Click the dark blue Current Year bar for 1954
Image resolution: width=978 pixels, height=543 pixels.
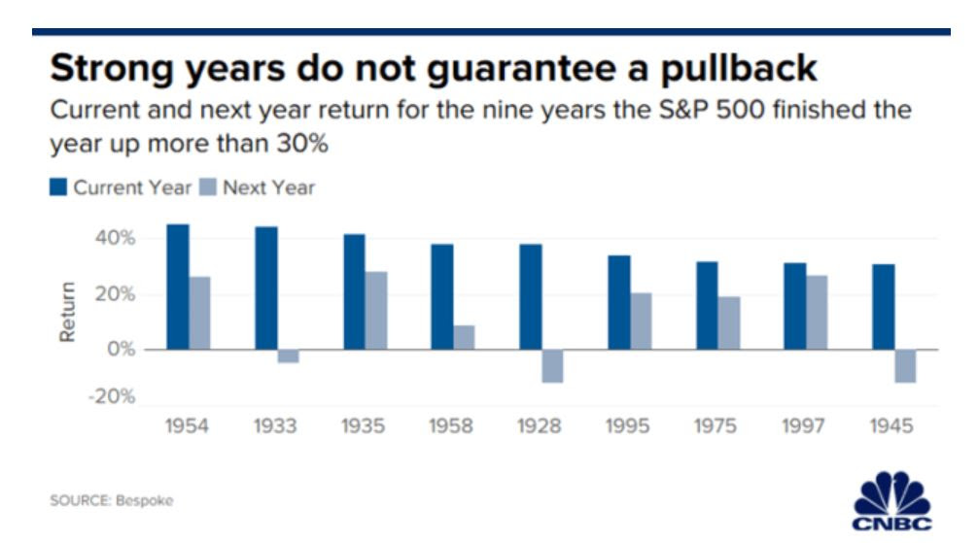(x=178, y=287)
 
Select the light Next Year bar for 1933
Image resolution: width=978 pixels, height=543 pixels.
(x=288, y=356)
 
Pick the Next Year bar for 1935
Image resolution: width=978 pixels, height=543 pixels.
(x=376, y=311)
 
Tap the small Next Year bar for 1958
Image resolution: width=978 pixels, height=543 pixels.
(x=464, y=337)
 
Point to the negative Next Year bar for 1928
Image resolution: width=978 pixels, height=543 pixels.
(x=552, y=366)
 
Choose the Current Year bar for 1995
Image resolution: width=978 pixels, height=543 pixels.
(x=619, y=302)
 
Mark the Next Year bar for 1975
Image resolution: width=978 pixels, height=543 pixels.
(x=729, y=322)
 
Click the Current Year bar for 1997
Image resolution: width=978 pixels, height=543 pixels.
(x=795, y=306)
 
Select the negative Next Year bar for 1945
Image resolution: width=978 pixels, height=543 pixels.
(x=906, y=366)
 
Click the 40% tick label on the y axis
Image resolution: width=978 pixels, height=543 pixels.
(x=115, y=238)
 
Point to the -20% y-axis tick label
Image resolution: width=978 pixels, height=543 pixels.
(x=112, y=396)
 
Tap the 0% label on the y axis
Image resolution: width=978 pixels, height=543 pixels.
(x=121, y=349)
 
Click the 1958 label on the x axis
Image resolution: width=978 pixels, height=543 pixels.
(x=451, y=426)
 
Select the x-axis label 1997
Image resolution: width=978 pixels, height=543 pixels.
(x=803, y=426)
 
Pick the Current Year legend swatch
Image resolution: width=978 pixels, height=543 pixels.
(x=58, y=187)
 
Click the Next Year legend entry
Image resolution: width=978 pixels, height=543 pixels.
(x=258, y=187)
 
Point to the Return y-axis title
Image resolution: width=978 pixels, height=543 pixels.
(x=67, y=312)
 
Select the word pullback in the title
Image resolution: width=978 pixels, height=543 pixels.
(x=739, y=69)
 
